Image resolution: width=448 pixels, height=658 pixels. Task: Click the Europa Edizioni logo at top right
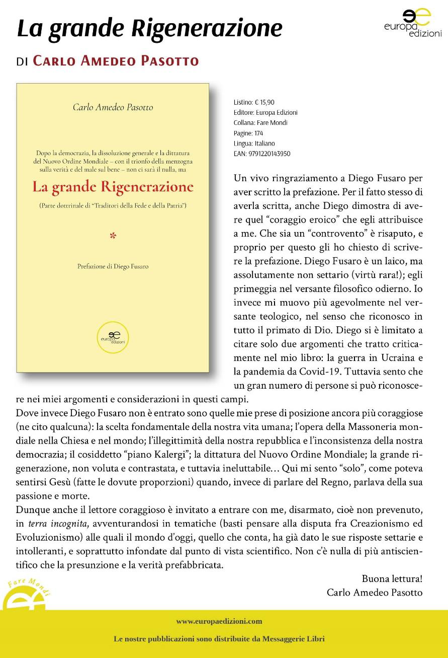pos(412,23)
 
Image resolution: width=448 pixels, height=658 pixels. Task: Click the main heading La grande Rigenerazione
pos(149,28)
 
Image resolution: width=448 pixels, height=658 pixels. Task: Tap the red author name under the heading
pos(116,61)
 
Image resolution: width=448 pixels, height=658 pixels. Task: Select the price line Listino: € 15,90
pos(254,102)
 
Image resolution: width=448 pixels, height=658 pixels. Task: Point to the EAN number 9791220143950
pos(262,154)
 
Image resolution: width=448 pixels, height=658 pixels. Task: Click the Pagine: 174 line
pos(248,133)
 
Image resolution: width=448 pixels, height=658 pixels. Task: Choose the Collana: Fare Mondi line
pos(260,123)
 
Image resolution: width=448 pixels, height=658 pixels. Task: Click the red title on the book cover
pos(113,187)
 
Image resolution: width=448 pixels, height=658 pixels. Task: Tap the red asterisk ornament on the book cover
pos(113,235)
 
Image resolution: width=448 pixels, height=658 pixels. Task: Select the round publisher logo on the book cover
pos(113,337)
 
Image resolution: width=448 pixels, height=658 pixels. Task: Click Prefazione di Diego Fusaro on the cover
pos(113,266)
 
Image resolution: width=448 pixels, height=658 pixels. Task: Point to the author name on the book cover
pos(113,107)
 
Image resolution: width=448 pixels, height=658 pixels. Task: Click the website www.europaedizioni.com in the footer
pos(219,621)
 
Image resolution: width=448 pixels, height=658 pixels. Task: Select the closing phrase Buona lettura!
pos(392,578)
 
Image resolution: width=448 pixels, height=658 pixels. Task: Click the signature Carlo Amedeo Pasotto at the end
pos(375,593)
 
